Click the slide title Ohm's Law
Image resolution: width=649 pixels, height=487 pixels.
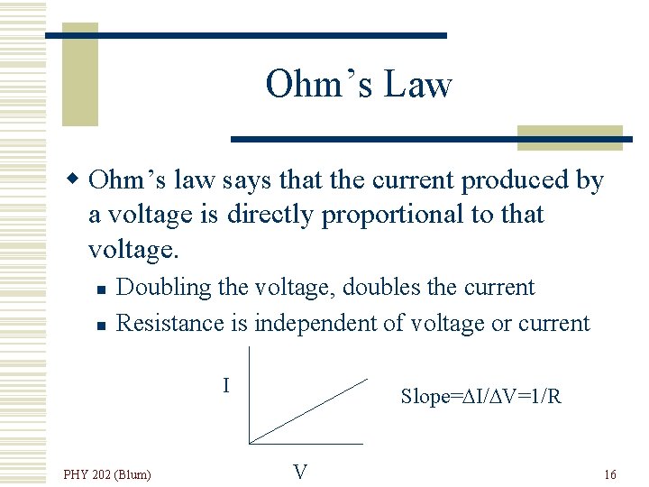coord(358,85)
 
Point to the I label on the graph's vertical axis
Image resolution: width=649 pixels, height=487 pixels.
coord(227,385)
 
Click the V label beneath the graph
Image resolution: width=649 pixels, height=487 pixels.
coord(300,472)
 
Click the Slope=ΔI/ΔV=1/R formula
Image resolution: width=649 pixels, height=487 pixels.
coord(481,396)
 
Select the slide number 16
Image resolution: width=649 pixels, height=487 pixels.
coord(610,474)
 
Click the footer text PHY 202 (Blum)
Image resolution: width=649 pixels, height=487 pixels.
coord(107,474)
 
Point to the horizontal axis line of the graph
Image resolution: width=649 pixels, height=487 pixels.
coord(306,443)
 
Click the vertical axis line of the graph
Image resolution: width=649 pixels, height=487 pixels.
coord(249,397)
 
